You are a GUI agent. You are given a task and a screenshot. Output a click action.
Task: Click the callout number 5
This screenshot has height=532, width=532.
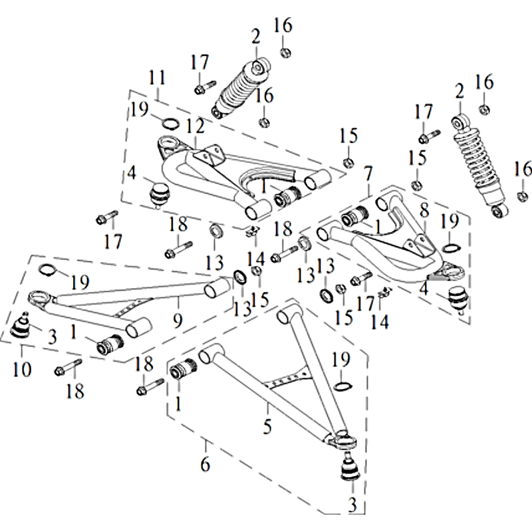click(267, 426)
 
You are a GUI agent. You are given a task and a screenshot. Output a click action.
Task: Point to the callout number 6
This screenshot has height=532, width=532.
click(205, 464)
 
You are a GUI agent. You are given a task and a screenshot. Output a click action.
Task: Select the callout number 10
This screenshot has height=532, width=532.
click(21, 368)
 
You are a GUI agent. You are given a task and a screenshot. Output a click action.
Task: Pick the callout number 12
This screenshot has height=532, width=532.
click(193, 124)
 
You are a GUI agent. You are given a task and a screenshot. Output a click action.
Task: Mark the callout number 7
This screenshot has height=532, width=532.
click(368, 174)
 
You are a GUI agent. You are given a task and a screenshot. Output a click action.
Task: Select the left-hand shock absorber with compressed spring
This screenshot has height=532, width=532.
click(240, 88)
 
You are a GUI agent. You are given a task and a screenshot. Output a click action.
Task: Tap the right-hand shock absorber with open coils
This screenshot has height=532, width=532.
click(478, 166)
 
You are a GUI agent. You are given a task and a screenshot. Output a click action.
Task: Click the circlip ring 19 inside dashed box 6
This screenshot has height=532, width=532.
click(342, 388)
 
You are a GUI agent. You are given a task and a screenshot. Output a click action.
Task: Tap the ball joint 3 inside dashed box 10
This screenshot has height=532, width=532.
click(23, 326)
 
